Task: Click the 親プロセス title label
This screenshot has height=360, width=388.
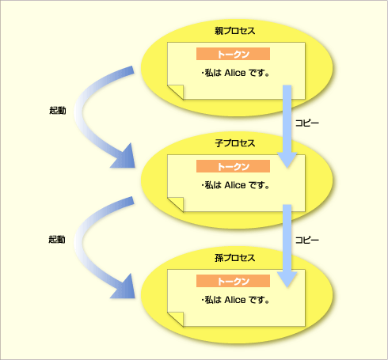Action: click(x=234, y=31)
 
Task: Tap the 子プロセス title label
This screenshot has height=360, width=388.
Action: click(x=234, y=143)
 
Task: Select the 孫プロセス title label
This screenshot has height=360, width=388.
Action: click(x=234, y=258)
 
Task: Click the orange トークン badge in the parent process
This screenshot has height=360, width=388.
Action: click(x=233, y=54)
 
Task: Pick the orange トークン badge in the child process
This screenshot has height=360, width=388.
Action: click(x=233, y=166)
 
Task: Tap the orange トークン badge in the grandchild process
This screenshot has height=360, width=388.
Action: click(x=233, y=281)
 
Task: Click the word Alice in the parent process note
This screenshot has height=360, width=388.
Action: click(x=235, y=73)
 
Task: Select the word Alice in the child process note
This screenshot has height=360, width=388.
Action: click(x=235, y=185)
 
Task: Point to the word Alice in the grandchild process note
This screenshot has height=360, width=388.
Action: click(x=235, y=300)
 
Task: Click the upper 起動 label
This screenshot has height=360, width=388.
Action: click(x=58, y=110)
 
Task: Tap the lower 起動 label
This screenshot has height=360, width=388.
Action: click(x=57, y=239)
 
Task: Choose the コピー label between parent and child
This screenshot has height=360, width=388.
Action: click(x=307, y=123)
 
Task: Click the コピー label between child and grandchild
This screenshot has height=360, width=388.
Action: click(x=307, y=240)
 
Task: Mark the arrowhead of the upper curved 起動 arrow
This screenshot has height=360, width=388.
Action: click(x=124, y=157)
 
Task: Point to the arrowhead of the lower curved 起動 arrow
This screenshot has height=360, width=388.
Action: click(x=124, y=287)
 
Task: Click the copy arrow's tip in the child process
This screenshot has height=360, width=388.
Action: click(x=287, y=168)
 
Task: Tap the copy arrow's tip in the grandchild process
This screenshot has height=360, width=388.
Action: click(x=287, y=287)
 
